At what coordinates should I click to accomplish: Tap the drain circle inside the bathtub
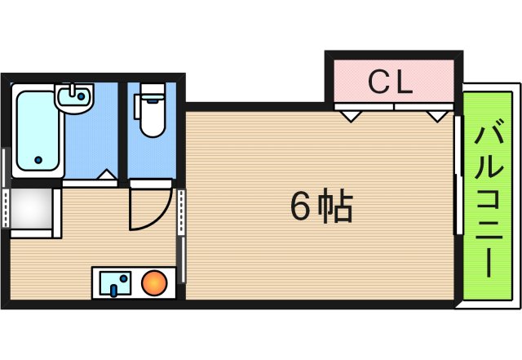(36, 160)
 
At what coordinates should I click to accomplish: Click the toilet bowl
(151, 118)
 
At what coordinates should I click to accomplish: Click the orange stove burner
(154, 284)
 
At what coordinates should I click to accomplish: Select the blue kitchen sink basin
(115, 284)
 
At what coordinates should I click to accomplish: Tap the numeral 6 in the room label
(300, 208)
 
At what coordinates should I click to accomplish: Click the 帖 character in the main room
(334, 208)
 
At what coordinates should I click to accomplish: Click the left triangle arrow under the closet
(351, 116)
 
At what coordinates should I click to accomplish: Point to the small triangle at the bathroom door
(104, 176)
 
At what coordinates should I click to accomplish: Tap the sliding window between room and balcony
(457, 176)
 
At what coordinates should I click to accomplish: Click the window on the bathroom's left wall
(7, 163)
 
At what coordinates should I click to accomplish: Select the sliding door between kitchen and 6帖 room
(181, 237)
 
